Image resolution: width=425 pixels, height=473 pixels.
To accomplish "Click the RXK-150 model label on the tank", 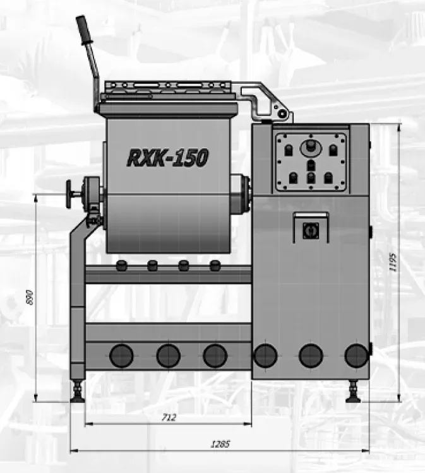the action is pyautogui.click(x=168, y=157).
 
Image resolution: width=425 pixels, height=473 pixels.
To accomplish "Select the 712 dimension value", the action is pyautogui.click(x=169, y=418).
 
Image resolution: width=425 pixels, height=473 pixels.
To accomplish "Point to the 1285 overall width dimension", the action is pyautogui.click(x=220, y=444).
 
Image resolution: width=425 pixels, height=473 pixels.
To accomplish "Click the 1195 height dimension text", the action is pyautogui.click(x=393, y=262).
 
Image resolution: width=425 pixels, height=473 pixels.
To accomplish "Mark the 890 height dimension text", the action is pyautogui.click(x=29, y=298).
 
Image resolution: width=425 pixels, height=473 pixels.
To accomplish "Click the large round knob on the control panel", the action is pyautogui.click(x=310, y=148).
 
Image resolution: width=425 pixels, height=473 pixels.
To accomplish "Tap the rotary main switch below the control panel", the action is pyautogui.click(x=311, y=231).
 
